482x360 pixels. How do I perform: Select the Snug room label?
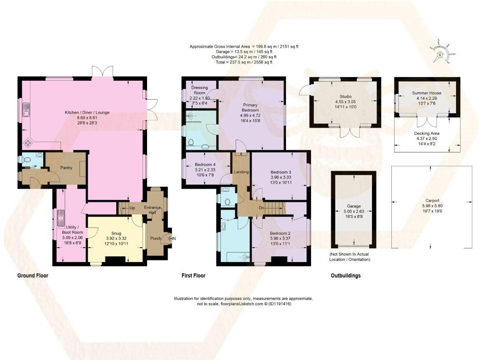(x=116, y=233)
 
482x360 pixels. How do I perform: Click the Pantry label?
(x=66, y=168)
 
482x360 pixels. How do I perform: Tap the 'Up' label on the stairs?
(x=132, y=208)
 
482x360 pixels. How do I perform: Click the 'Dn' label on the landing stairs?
(x=261, y=208)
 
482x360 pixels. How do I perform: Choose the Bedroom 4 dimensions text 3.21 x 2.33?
(x=205, y=170)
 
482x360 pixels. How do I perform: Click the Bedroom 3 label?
(x=281, y=172)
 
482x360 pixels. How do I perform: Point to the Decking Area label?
(x=426, y=133)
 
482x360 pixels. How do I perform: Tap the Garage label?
(x=353, y=206)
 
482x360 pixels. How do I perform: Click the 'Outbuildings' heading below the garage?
(x=345, y=276)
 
